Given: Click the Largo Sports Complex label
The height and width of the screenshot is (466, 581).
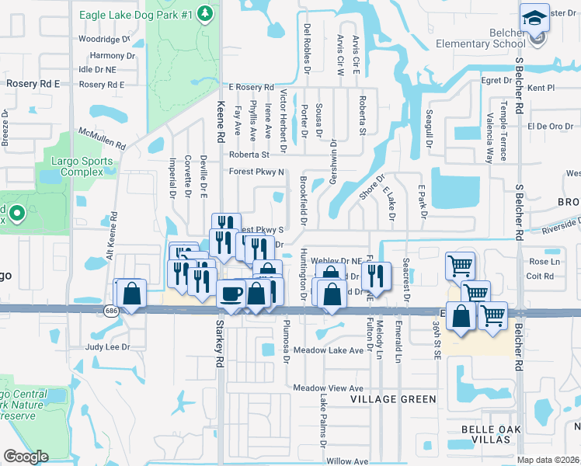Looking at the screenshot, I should tap(87, 166).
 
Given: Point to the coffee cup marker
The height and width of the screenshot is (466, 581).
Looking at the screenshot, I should tap(232, 294).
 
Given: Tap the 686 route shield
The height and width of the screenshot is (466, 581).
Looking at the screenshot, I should tap(112, 311).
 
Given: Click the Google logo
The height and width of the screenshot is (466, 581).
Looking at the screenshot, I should tap(26, 457).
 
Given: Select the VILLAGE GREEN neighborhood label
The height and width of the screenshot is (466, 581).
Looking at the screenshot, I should tap(393, 399).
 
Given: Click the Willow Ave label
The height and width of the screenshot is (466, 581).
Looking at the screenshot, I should tap(347, 461).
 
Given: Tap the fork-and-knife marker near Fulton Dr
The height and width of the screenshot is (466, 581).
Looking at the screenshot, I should tap(376, 275).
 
